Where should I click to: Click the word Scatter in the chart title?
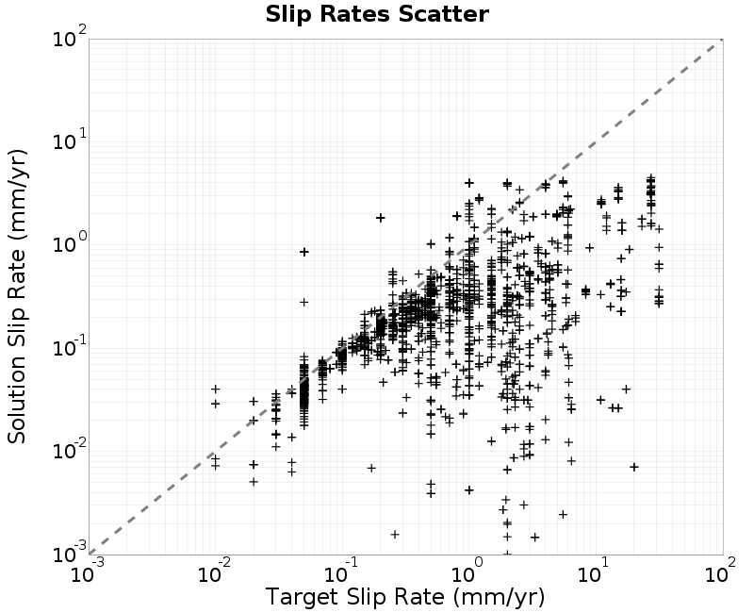tap(443, 14)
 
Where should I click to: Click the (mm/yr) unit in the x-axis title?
tap(499, 597)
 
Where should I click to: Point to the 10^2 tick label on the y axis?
tap(69, 36)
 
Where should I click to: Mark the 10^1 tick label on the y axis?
tap(69, 140)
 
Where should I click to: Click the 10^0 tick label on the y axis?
tap(69, 242)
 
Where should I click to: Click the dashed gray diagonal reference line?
tap(406, 297)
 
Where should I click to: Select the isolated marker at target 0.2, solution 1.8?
tap(381, 218)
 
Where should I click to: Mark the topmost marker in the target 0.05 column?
tap(303, 252)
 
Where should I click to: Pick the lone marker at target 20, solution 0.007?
tap(634, 467)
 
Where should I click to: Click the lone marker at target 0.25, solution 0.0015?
tap(395, 534)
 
